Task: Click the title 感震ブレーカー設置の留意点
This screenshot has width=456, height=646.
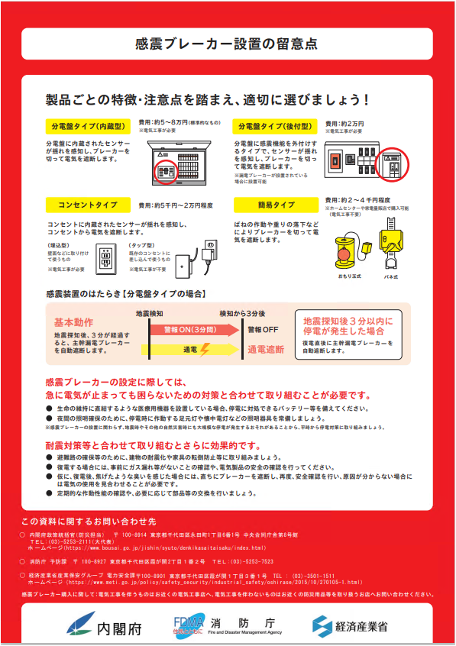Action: pyautogui.click(x=227, y=44)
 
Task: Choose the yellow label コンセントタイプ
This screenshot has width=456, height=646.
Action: pyautogui.click(x=88, y=205)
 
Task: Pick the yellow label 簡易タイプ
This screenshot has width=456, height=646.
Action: pyautogui.click(x=274, y=205)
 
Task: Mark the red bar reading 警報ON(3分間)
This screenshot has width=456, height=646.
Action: pyautogui.click(x=184, y=329)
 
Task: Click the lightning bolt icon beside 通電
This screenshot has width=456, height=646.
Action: pyautogui.click(x=203, y=350)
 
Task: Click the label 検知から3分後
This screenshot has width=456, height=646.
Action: pyautogui.click(x=242, y=313)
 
